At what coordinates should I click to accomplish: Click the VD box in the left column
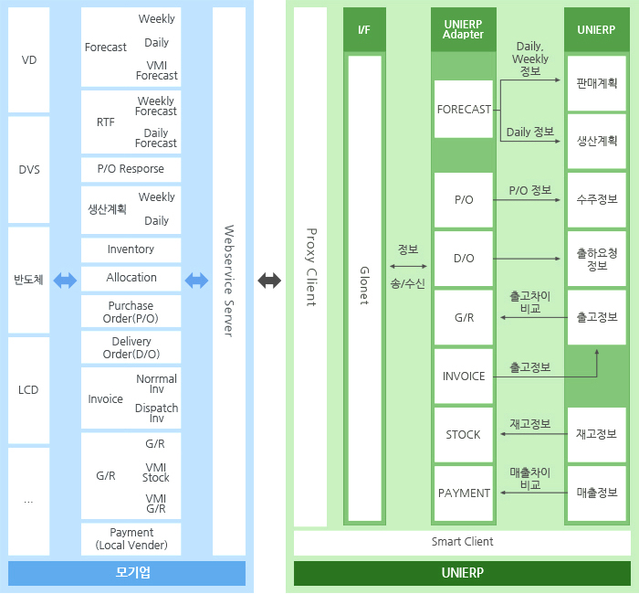[x=28, y=59]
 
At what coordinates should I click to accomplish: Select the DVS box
[x=28, y=169]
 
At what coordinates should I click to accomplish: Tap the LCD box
[x=28, y=389]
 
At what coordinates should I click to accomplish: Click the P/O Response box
[x=131, y=169]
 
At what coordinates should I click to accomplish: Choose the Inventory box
[x=131, y=249]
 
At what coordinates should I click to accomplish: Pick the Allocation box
[x=131, y=278]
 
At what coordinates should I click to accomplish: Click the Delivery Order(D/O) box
[x=131, y=347]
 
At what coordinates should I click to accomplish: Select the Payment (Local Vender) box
[x=131, y=539]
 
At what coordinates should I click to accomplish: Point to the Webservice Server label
[x=229, y=281]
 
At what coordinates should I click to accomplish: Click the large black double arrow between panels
[x=269, y=281]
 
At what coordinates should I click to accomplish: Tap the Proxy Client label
[x=310, y=267]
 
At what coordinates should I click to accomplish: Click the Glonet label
[x=364, y=285]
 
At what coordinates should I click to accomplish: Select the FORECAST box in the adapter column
[x=464, y=110]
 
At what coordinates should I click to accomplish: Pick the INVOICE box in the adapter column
[x=464, y=376]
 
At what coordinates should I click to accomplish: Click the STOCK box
[x=464, y=434]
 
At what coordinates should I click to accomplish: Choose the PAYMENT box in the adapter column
[x=464, y=493]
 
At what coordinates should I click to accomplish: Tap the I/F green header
[x=364, y=29]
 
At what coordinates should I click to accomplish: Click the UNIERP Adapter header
[x=463, y=29]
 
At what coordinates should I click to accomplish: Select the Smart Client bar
[x=462, y=542]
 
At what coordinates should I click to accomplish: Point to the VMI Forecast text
[x=156, y=70]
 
